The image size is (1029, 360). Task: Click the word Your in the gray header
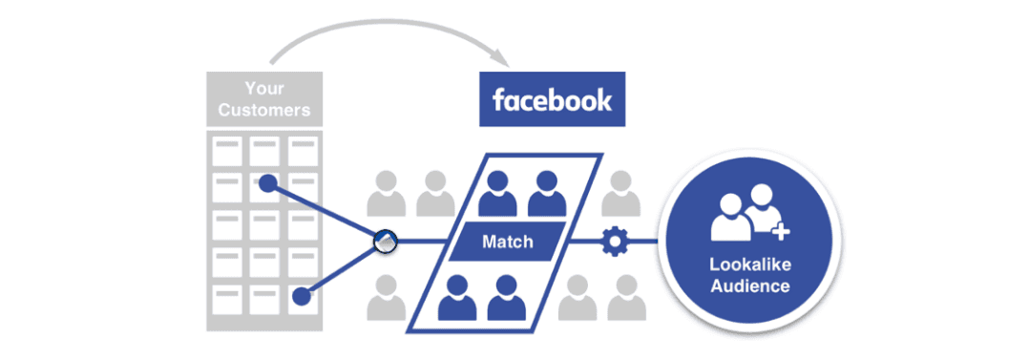[x=264, y=90]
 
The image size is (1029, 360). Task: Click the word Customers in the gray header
[x=264, y=110]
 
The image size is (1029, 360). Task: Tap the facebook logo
[x=552, y=100]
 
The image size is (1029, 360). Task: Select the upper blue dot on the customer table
[x=269, y=181]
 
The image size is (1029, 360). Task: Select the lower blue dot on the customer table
[x=302, y=296]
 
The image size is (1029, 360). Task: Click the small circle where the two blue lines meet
[x=385, y=242]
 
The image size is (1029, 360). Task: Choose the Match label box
[x=507, y=242]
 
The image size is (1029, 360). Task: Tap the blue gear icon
[x=612, y=242]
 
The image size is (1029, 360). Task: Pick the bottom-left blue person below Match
[x=458, y=297]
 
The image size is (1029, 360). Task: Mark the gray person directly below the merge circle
[x=385, y=296]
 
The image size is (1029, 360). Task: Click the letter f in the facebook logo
[x=498, y=99]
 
